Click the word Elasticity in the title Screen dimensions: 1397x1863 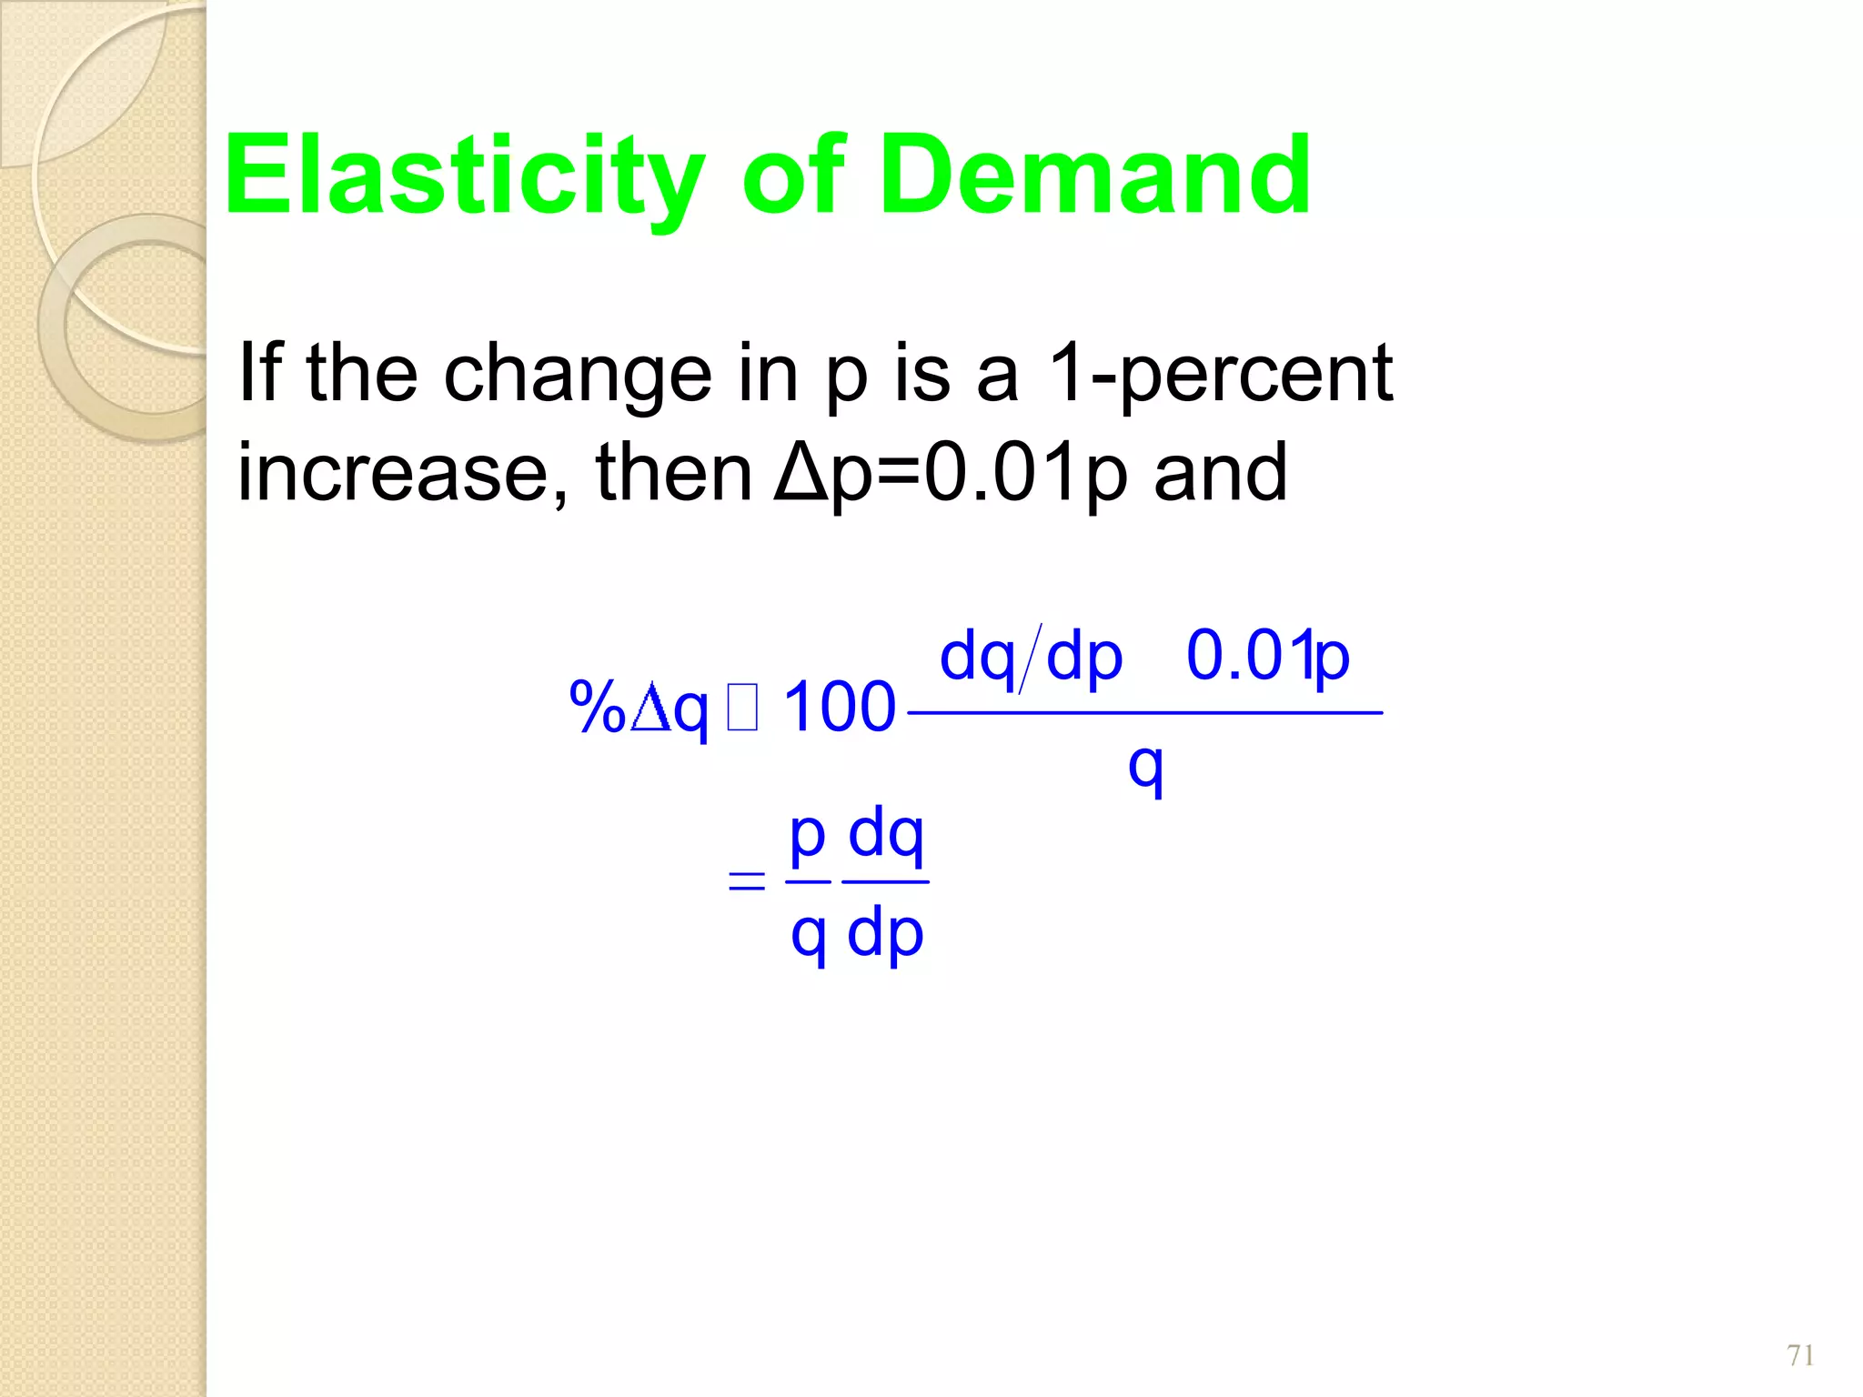464,176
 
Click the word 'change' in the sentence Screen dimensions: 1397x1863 578,375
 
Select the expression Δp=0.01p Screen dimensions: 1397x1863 951,472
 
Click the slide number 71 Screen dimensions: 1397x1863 1800,1355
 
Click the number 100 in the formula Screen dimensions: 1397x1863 839,707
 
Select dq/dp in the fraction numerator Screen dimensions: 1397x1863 1031,657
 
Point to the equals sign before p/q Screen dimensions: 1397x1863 746,880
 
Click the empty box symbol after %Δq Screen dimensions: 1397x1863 742,709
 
